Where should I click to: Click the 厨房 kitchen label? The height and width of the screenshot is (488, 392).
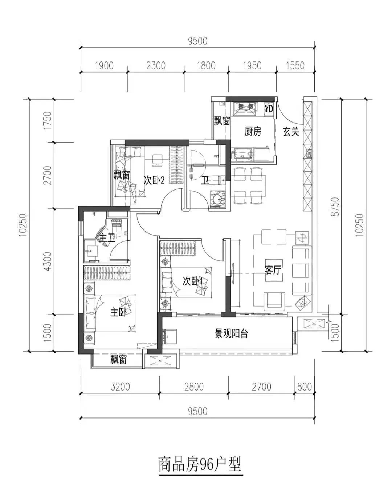pos(253,131)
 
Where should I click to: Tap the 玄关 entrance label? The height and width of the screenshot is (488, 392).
pos(291,131)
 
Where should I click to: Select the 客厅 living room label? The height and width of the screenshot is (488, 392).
pos(273,270)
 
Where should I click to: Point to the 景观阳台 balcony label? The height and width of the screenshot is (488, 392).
pos(231,333)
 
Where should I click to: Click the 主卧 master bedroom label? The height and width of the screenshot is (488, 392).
pos(118,313)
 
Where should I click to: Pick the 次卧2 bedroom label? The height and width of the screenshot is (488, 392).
pos(154,180)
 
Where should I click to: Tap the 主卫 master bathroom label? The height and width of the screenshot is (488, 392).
pos(107,238)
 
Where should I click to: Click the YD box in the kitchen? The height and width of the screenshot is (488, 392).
pos(269,109)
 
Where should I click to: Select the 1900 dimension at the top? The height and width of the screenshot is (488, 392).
pos(104,66)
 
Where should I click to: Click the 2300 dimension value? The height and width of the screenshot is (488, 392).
pos(156,66)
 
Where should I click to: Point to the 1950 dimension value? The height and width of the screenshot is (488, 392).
pos(252,66)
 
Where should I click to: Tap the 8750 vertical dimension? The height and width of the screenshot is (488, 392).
pos(336,207)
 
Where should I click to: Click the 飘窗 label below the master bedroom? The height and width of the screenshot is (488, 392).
pos(118,359)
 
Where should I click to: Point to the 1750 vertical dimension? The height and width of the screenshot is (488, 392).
pos(48,120)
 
